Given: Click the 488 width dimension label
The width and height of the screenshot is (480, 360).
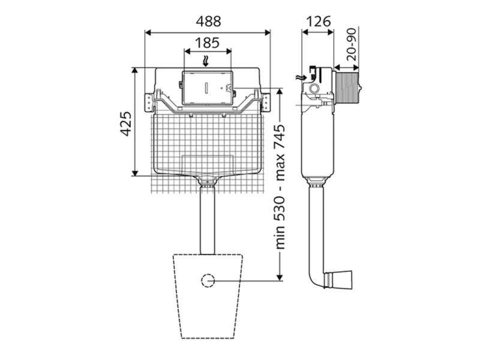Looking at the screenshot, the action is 208,22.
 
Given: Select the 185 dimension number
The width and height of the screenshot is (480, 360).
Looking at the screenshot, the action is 207,43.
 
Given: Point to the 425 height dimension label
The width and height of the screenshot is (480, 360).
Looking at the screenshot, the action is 126,124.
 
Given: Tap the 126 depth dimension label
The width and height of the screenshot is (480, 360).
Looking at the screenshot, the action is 319,22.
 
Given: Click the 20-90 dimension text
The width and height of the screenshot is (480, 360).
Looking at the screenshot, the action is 352,44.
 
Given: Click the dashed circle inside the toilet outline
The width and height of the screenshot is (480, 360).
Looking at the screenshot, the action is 208,280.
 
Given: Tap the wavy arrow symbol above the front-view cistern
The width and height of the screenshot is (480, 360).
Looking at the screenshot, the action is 206,61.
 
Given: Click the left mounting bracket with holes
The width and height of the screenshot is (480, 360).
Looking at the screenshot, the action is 149,103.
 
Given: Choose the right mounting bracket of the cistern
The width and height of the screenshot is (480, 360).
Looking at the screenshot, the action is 266,103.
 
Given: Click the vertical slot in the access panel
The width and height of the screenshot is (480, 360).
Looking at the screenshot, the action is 206,88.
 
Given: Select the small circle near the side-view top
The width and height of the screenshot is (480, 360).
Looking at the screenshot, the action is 314,89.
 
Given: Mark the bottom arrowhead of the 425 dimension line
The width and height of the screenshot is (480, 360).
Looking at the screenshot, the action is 135,172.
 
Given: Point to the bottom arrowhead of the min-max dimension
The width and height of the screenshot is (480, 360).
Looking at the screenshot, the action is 280,277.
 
